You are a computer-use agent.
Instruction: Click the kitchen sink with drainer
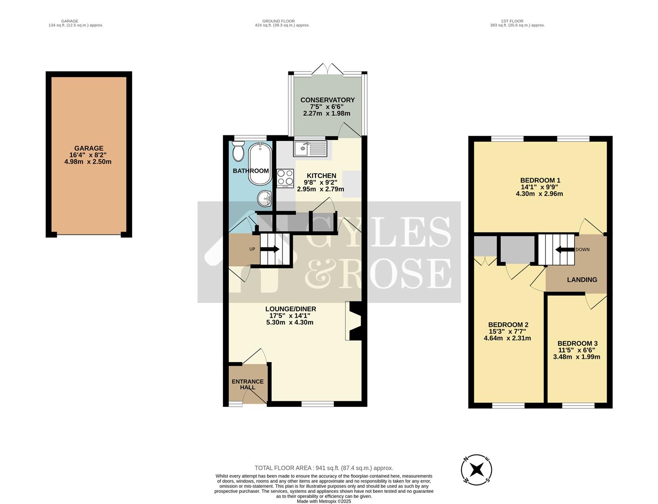(311, 149)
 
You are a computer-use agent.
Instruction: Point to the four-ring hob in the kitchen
(285, 177)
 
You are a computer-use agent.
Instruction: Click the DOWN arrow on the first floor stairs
(564, 250)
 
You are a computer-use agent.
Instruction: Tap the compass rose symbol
(476, 469)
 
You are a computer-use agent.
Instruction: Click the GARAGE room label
(89, 148)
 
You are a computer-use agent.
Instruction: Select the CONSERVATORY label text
(327, 100)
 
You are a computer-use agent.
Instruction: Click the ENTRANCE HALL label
(247, 384)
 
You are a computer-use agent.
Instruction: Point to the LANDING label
(582, 280)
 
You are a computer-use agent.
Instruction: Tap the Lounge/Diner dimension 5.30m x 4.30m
(290, 322)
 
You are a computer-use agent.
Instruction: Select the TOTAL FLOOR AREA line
(323, 468)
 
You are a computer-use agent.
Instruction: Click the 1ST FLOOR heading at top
(512, 21)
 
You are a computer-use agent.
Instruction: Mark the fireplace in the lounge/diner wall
(353, 321)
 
